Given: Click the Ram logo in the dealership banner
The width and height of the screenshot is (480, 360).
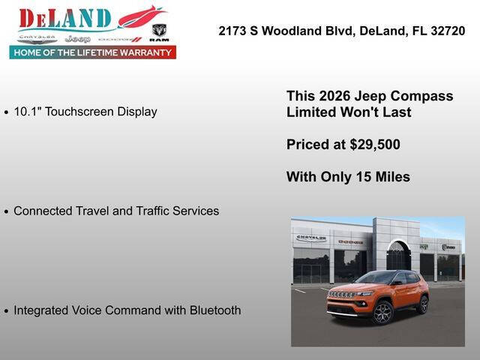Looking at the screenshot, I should click(x=159, y=31).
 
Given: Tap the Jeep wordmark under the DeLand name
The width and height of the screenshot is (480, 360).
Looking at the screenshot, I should click(x=77, y=38).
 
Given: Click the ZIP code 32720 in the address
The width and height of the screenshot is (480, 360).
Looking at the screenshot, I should click(x=448, y=31).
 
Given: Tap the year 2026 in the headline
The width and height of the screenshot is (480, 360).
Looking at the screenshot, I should click(x=334, y=96).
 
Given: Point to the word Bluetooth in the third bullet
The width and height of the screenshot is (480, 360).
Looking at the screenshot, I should click(x=211, y=310).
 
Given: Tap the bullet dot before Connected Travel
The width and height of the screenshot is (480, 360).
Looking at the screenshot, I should click(x=7, y=212).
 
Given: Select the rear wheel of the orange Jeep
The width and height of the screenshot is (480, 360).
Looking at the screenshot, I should click(x=423, y=304).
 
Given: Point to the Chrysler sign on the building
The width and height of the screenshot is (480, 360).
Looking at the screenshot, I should click(x=310, y=238).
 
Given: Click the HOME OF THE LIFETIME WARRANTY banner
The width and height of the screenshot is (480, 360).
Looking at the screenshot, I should click(x=92, y=52).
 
